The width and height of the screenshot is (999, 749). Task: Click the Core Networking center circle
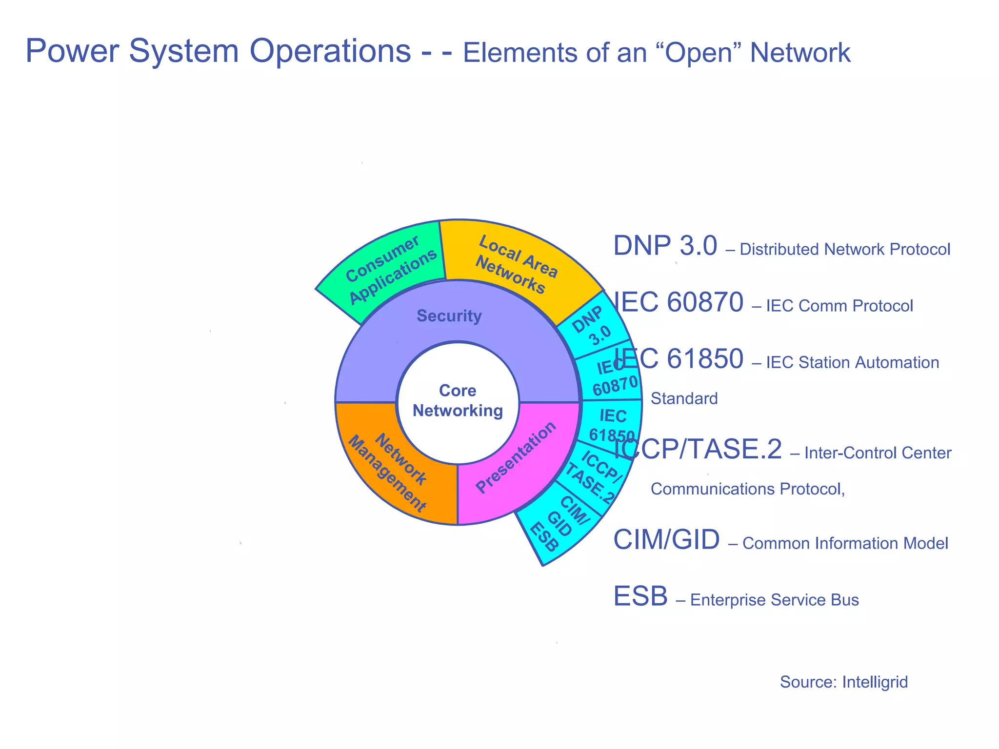[x=458, y=401]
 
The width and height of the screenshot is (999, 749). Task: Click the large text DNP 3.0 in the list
[x=665, y=246]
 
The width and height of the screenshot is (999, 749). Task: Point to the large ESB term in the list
[x=640, y=596]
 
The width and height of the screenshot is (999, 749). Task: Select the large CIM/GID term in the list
[x=666, y=540]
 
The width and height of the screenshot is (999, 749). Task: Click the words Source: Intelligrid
[x=843, y=682]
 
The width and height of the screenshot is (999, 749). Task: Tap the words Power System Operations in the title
[x=218, y=51]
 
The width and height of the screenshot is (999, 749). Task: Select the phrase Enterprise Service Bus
[x=774, y=600]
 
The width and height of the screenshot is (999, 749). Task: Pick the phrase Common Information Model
[x=845, y=543]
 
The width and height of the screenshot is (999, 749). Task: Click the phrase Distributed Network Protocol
[x=845, y=249]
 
